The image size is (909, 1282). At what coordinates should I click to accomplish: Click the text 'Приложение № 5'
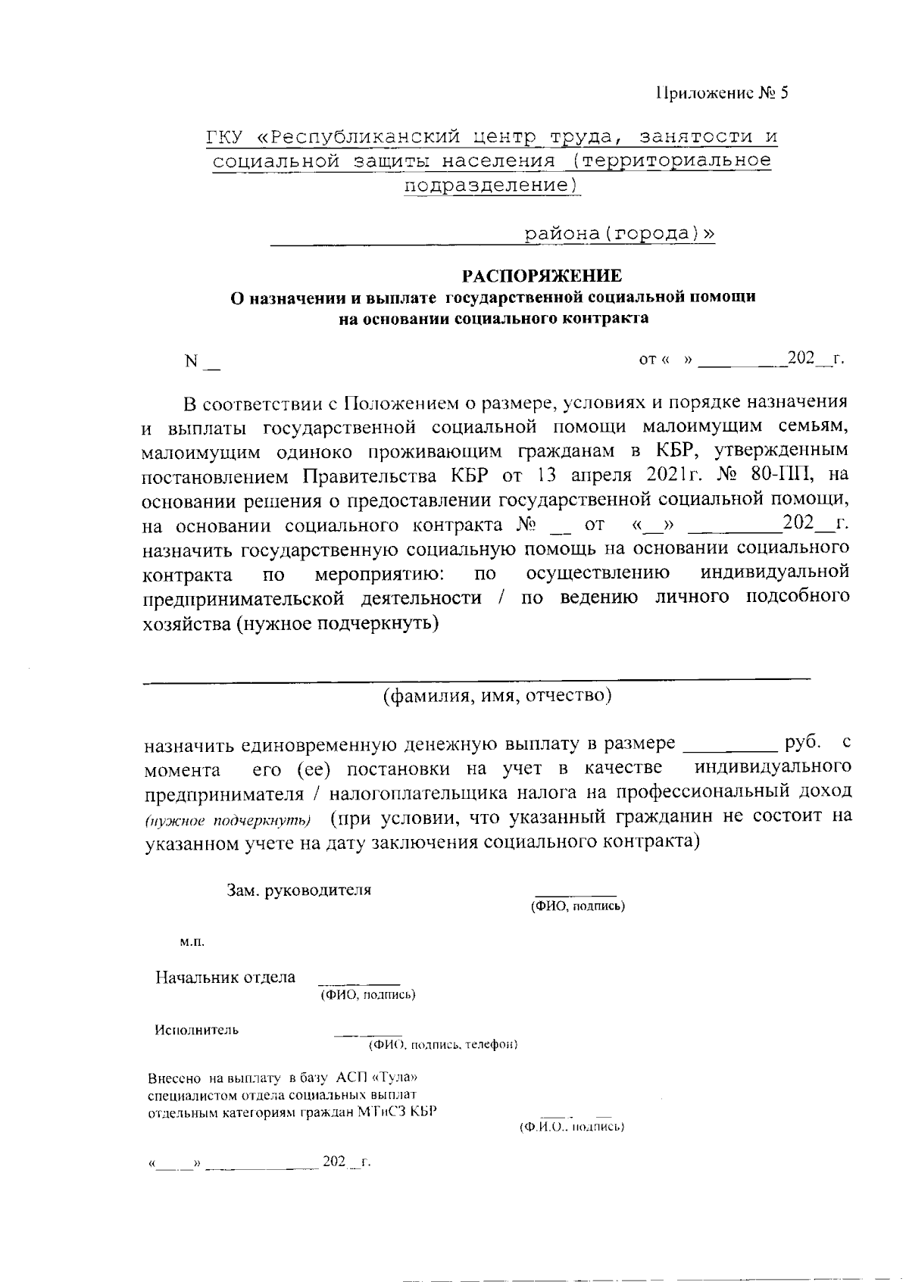721,93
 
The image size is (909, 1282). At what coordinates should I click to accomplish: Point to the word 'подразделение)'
491,185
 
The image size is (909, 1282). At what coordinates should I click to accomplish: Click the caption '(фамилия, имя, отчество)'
496,695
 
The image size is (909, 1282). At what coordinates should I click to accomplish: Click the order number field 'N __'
202,361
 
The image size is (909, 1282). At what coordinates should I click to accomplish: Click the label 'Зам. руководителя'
299,890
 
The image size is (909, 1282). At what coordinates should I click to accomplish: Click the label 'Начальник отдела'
225,978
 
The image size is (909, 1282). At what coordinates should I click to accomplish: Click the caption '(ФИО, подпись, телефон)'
443,1045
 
